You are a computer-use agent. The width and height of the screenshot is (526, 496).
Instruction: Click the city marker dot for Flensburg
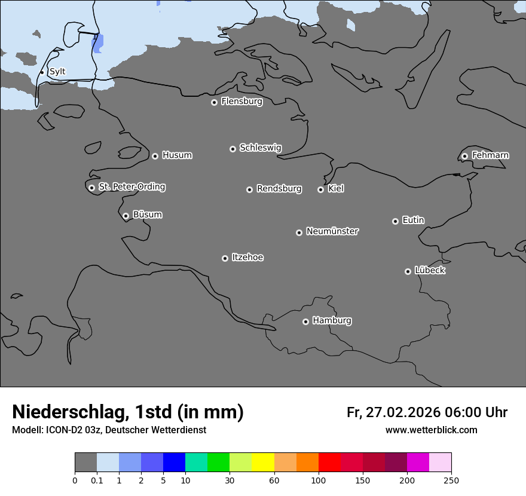[214, 102]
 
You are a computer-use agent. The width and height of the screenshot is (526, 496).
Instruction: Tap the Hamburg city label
[332, 321]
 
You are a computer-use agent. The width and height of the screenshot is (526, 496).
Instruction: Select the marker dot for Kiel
[320, 189]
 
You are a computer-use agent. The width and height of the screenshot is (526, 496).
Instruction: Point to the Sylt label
[57, 72]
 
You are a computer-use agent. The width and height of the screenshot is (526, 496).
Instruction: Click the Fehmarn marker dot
[464, 156]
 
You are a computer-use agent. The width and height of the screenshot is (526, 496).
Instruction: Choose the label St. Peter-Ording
[131, 187]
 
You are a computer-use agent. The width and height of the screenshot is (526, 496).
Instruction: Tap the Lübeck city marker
[408, 271]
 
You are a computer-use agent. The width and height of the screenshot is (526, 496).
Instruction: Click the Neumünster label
[332, 231]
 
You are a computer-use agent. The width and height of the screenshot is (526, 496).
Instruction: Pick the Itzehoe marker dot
[225, 258]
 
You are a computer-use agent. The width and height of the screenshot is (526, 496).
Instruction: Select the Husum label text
[177, 155]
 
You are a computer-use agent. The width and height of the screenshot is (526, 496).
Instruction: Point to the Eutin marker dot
[395, 221]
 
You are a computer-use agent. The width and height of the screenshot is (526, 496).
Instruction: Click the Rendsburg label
[279, 189]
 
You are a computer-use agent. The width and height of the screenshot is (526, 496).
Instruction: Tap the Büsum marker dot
[126, 216]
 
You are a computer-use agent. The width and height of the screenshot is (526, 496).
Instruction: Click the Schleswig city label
[260, 148]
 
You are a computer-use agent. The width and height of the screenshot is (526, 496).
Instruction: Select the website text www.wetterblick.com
[431, 430]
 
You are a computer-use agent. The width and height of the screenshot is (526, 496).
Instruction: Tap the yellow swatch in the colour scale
[263, 463]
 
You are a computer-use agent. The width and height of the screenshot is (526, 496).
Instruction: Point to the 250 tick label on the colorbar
[451, 480]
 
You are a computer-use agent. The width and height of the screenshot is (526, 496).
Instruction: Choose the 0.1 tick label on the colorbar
[97, 480]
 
